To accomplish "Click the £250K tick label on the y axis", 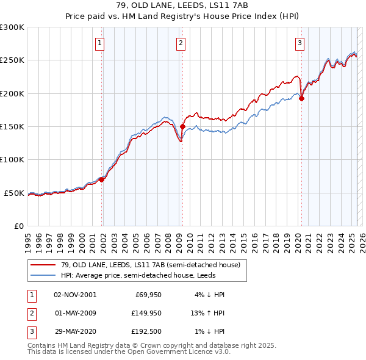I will coord(12,60).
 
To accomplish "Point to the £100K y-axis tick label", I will coord(12,159).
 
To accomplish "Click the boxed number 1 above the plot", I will coord(99,43).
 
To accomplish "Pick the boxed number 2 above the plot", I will coord(182,43).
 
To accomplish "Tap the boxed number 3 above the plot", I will coord(300,43).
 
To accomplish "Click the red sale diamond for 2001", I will coord(102,179).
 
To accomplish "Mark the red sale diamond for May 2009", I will coord(182,127).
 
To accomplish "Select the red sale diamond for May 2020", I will coord(301,99).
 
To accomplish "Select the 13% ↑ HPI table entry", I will coord(208,313).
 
